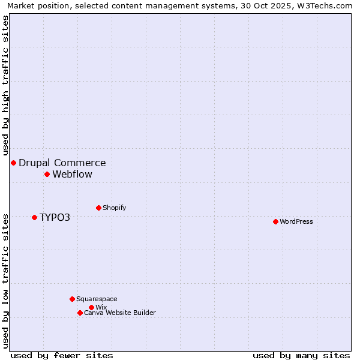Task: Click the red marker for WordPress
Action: (x=275, y=221)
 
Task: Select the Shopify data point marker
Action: (x=98, y=208)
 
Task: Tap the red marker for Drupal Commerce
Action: (x=13, y=163)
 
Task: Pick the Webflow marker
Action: (x=47, y=174)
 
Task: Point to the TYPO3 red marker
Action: (x=34, y=217)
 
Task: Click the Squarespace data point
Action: (x=72, y=299)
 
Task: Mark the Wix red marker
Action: (x=91, y=307)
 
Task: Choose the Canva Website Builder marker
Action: (x=80, y=313)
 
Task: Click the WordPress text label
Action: (x=296, y=221)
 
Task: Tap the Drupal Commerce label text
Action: (x=62, y=163)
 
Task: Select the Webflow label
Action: (x=73, y=175)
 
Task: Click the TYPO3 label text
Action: (x=55, y=217)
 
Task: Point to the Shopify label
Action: (x=115, y=208)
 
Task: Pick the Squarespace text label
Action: (x=97, y=299)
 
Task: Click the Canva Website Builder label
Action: (x=120, y=313)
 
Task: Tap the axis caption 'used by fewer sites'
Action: (x=62, y=355)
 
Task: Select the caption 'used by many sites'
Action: (x=301, y=355)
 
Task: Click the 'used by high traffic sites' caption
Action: (x=6, y=85)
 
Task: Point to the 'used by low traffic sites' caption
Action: (x=6, y=280)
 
